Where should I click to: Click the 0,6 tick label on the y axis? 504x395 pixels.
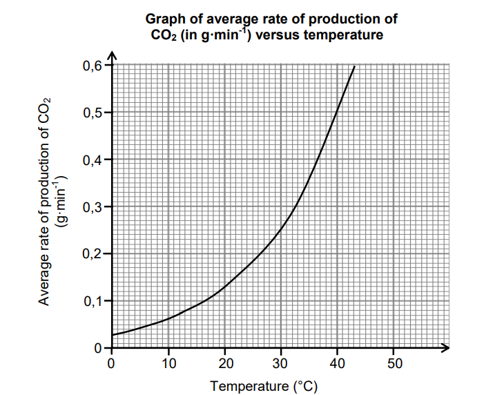click(x=93, y=66)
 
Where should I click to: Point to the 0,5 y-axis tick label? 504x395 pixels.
click(x=93, y=113)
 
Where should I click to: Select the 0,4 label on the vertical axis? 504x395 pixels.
click(x=93, y=160)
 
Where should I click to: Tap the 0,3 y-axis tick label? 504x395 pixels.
click(x=93, y=206)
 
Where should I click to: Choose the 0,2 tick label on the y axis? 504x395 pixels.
click(x=93, y=253)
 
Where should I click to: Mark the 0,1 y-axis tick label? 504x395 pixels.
click(x=93, y=300)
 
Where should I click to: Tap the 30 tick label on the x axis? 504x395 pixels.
click(x=281, y=363)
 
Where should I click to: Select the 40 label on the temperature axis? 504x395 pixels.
click(x=338, y=363)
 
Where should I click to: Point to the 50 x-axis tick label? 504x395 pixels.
click(x=394, y=363)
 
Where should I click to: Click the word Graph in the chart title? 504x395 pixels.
click(x=163, y=19)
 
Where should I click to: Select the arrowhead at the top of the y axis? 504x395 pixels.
click(x=112, y=55)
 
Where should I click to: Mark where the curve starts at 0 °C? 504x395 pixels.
click(x=112, y=335)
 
